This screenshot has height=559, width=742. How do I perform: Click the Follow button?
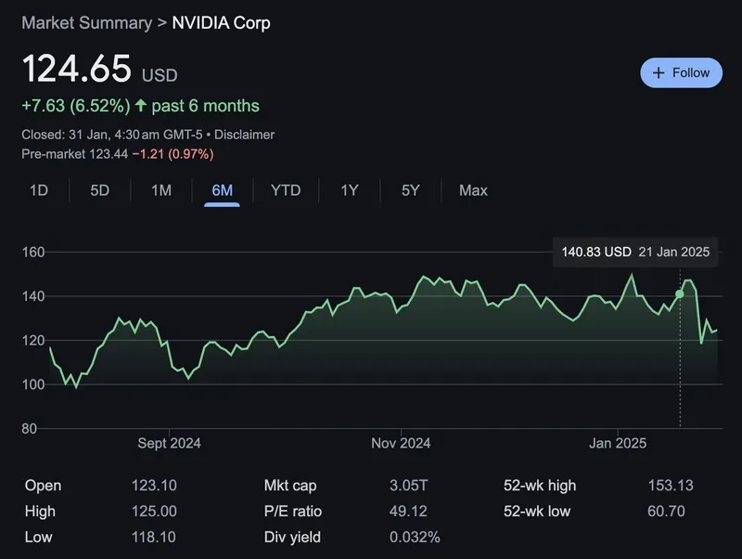(x=681, y=72)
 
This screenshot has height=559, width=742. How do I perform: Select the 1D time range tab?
(x=39, y=190)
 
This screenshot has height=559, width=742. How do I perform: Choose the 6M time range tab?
(x=222, y=190)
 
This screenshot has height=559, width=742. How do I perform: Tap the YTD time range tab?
(x=286, y=190)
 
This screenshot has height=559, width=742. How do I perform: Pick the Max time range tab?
(x=473, y=190)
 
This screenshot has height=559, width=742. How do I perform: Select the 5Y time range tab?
(x=411, y=190)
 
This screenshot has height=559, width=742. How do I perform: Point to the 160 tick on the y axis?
(x=33, y=252)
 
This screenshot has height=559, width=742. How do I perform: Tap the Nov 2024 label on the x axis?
(x=401, y=443)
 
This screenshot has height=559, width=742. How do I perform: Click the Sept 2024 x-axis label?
(x=169, y=443)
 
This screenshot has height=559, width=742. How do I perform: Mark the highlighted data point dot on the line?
(x=680, y=294)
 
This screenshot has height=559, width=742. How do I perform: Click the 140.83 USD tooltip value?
(x=596, y=252)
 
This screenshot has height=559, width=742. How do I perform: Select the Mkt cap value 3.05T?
(x=410, y=486)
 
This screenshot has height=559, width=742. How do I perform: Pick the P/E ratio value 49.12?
(x=410, y=512)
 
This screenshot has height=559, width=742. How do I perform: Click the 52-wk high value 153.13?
(x=670, y=486)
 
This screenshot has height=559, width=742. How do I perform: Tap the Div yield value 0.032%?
(x=415, y=538)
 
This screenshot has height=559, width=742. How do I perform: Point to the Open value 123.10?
(x=154, y=486)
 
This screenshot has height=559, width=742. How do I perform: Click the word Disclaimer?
(x=245, y=135)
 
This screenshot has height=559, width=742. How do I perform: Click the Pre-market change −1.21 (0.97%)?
(x=173, y=153)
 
